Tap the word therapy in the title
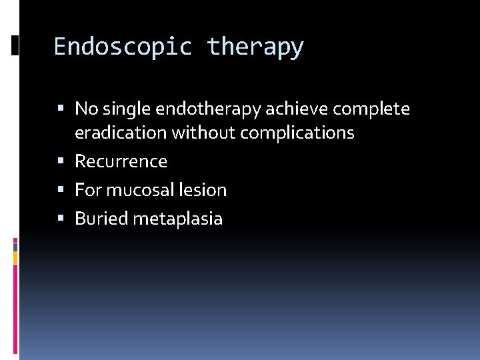point(255,47)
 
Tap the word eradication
point(121,133)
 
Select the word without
point(203,133)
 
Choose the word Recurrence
point(121,161)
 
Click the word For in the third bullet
point(88,190)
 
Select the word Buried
point(101,219)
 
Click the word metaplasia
point(178,219)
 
